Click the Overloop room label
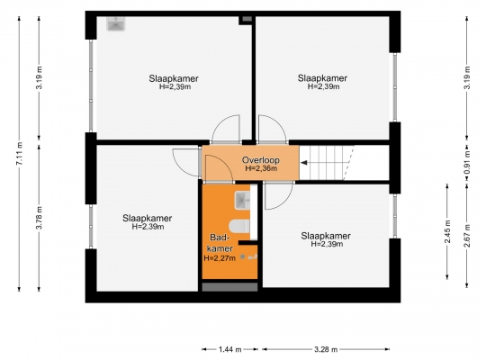261,160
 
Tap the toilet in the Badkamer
239,226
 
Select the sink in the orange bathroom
242,201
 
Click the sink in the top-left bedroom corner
116,24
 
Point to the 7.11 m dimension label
19,154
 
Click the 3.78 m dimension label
39,218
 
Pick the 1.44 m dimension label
230,349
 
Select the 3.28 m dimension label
326,349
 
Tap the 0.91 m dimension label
467,163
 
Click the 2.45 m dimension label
447,231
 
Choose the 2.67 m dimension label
467,235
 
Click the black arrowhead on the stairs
304,163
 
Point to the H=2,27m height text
220,258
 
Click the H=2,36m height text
261,168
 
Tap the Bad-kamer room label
220,243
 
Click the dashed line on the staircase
348,163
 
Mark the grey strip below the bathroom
229,287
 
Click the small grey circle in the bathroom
243,256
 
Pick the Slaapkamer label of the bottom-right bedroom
326,236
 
